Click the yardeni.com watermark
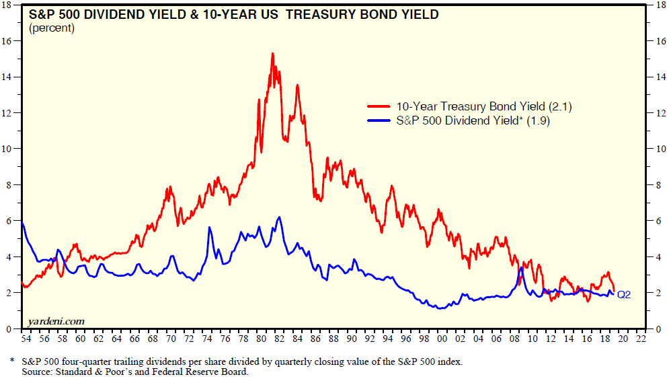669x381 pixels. tap(56, 321)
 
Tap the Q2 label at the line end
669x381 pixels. tap(624, 294)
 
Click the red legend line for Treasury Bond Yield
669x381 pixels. tap(379, 107)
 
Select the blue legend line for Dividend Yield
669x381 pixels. tap(379, 122)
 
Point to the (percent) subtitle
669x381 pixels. tap(52, 28)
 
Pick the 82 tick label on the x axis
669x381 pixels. tap(277, 340)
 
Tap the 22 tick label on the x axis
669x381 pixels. tap(641, 340)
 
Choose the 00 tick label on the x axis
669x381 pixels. tap(441, 340)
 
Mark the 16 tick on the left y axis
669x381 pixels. tap(7, 41)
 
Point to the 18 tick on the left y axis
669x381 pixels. tap(7, 5)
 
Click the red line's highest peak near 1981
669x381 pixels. tap(272, 53)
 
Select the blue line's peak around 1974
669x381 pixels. tap(209, 228)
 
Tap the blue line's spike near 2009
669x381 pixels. tap(521, 268)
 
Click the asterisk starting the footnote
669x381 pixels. tap(12, 361)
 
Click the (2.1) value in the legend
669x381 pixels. tap(559, 107)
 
